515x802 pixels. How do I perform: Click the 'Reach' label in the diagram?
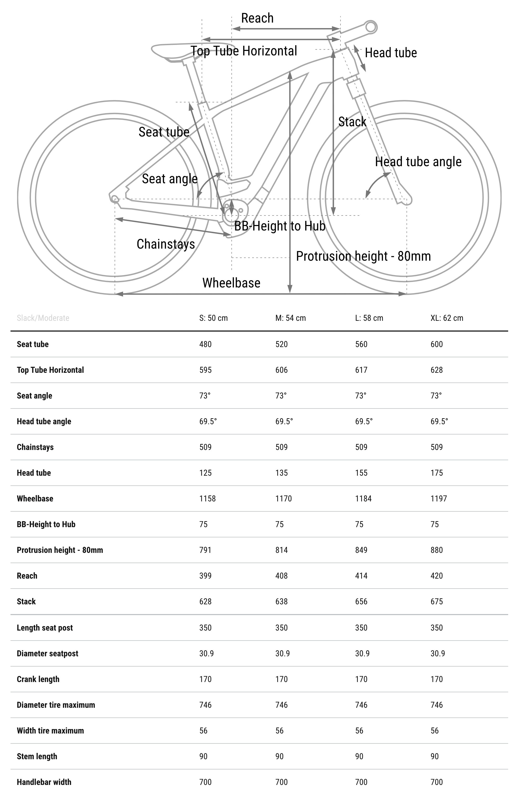point(257,18)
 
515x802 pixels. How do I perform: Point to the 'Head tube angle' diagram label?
point(418,162)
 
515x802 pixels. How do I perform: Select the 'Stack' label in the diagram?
point(352,122)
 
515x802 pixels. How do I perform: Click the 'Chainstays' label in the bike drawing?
point(166,244)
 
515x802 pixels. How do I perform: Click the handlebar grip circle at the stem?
point(371,27)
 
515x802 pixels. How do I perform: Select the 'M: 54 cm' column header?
point(290,318)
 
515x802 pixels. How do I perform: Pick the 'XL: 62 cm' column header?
point(446,318)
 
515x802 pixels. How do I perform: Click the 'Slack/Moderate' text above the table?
point(43,318)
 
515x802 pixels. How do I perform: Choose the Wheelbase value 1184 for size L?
point(363,499)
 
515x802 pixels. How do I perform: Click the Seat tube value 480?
point(205,344)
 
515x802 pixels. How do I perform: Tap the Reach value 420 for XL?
point(437,576)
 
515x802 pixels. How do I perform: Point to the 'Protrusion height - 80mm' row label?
point(60,550)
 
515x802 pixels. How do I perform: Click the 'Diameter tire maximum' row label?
point(56,705)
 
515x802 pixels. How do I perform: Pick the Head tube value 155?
point(361,473)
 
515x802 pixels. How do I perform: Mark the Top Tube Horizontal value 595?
point(205,370)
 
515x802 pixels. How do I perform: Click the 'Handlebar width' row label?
point(44,782)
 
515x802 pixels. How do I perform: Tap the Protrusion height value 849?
point(361,550)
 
